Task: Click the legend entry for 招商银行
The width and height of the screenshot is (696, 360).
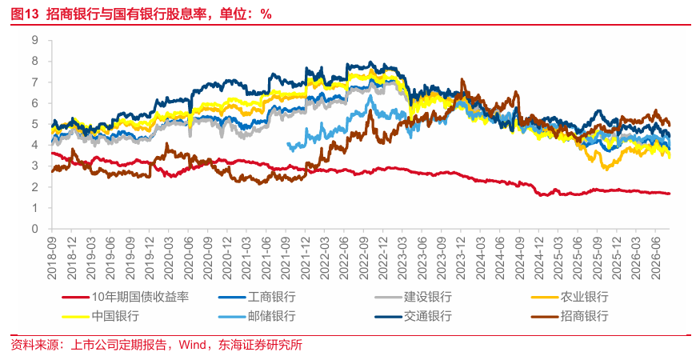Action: [570, 317]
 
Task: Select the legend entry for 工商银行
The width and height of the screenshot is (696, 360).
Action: [257, 297]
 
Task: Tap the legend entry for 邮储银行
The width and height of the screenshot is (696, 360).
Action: [257, 317]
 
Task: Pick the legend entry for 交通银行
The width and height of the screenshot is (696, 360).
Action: [414, 317]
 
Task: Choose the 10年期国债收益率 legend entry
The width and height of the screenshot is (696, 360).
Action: [126, 297]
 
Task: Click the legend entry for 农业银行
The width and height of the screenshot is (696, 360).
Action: [570, 297]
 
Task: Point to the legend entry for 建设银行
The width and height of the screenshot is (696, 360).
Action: [414, 297]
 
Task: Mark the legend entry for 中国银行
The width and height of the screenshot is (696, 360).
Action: [101, 317]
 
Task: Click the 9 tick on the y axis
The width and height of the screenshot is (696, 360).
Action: [47, 40]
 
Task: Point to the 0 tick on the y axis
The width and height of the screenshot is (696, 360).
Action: [47, 229]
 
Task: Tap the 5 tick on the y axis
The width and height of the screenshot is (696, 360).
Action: [47, 124]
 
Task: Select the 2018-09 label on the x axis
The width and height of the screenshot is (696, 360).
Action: [52, 258]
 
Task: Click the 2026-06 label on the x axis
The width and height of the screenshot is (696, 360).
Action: [654, 258]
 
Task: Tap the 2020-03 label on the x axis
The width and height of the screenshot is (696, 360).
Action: [168, 258]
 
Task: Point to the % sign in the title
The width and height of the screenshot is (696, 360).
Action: [266, 14]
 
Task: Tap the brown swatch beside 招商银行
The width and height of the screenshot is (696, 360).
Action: [544, 317]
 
